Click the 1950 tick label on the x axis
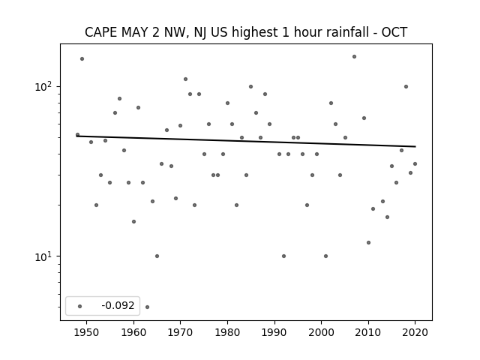pyautogui.click(x=86, y=332)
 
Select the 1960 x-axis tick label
pyautogui.click(x=133, y=332)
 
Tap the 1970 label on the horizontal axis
pyautogui.click(x=180, y=332)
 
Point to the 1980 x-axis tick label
pyautogui.click(x=227, y=332)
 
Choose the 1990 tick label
pyautogui.click(x=274, y=332)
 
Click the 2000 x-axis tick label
pyautogui.click(x=322, y=332)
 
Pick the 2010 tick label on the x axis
pyautogui.click(x=368, y=332)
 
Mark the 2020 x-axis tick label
pyautogui.click(x=415, y=332)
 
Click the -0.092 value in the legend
pyautogui.click(x=118, y=305)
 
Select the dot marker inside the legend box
pyautogui.click(x=80, y=306)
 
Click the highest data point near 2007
pyautogui.click(x=354, y=57)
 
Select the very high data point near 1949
pyautogui.click(x=82, y=58)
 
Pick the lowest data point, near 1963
pyautogui.click(x=147, y=307)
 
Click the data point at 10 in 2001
pyautogui.click(x=325, y=256)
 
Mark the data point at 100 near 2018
pyautogui.click(x=406, y=87)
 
